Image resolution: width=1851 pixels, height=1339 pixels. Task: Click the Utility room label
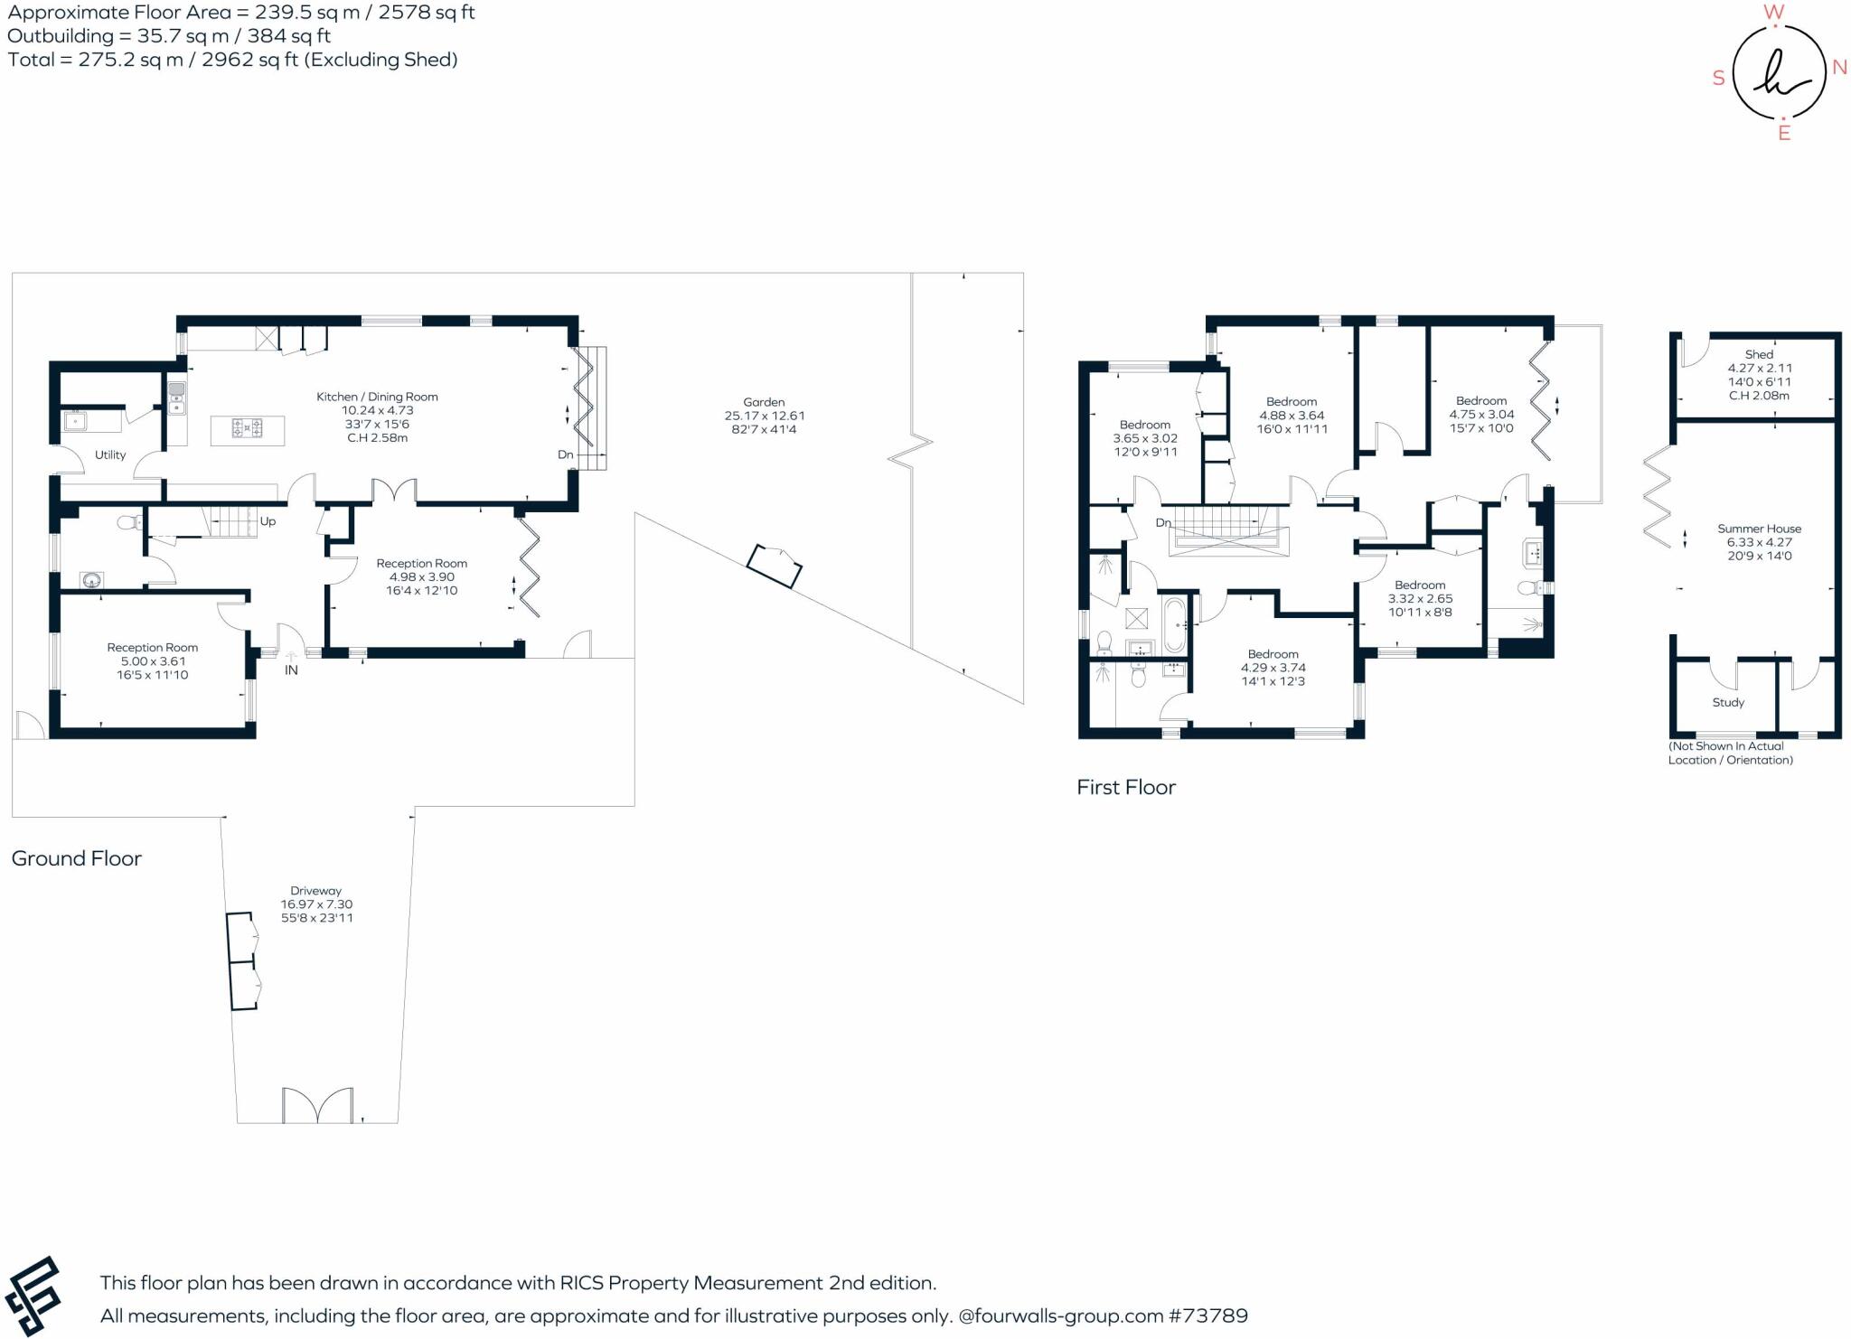pos(110,454)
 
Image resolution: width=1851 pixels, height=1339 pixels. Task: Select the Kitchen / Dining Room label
pos(377,397)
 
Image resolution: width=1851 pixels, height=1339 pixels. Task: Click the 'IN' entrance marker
pos(291,670)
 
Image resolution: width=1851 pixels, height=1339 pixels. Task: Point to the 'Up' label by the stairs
pos(268,521)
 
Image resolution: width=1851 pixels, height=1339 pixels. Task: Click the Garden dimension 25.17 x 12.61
pos(764,416)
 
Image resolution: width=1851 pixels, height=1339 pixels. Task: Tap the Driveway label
pos(315,891)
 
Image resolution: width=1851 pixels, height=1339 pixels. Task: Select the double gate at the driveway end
pos(316,1105)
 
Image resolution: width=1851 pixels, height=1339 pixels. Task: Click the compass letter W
pos(1774,13)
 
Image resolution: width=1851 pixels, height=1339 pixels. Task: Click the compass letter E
pos(1784,134)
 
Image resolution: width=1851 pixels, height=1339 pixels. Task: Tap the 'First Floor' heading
pos(1125,787)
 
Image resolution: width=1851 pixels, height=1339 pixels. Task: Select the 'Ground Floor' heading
pos(76,858)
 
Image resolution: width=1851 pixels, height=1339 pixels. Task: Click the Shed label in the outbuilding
pos(1759,354)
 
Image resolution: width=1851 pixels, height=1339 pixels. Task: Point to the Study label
pos(1728,702)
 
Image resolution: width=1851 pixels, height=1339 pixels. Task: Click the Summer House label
pos(1759,529)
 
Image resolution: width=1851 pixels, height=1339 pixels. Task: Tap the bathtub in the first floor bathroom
pos(1174,624)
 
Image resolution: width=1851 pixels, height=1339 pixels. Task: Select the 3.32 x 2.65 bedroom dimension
pos(1420,598)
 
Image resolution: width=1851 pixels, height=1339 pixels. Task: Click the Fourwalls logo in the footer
pos(33,1296)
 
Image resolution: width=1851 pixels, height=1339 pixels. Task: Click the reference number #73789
pos(1208,1316)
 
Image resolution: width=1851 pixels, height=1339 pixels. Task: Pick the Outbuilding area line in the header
pos(169,36)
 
